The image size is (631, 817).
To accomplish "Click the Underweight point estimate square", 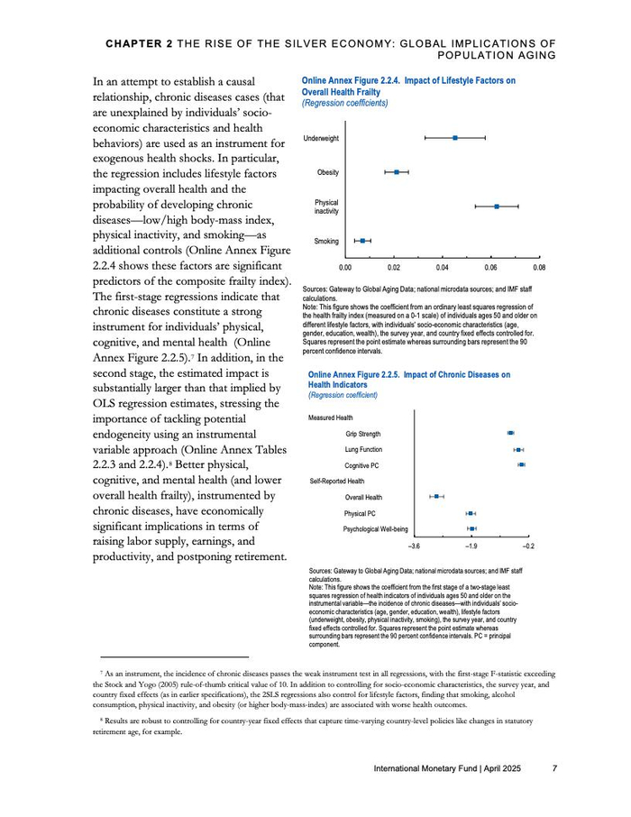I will click(455, 137).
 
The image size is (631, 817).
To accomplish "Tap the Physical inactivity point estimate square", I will click(497, 207).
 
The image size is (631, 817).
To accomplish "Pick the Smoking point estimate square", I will click(362, 241).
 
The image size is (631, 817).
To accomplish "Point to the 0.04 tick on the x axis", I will click(443, 269).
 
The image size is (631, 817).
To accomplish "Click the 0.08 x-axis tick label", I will click(539, 269).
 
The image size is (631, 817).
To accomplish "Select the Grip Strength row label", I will click(362, 435).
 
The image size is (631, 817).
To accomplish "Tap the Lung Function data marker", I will click(518, 449).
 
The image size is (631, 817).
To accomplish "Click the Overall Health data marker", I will click(436, 496).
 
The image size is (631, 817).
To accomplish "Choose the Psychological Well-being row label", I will click(376, 528).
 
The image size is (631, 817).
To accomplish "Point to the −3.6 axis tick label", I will click(415, 546).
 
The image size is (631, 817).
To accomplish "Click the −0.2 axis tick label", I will click(528, 546).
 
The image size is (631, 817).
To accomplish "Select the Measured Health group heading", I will click(331, 418).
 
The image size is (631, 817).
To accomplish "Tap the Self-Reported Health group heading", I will click(338, 481).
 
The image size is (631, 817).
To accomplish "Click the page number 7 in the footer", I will click(555, 768).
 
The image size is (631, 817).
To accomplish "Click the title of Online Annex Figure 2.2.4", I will click(408, 86).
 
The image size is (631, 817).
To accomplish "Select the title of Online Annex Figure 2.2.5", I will click(409, 380).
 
